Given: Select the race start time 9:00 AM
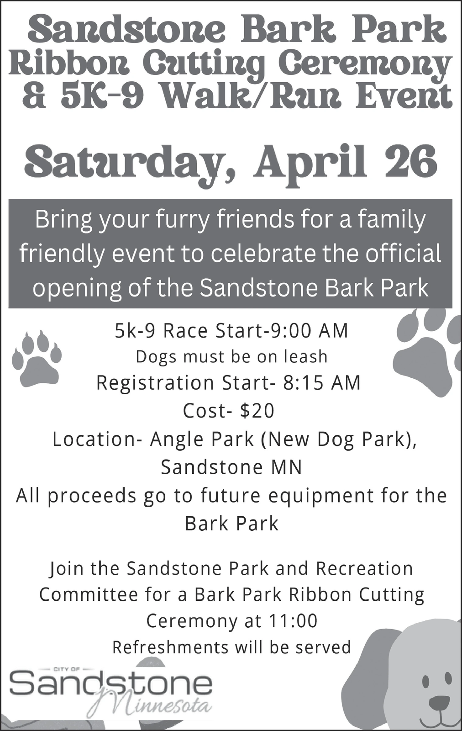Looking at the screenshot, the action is [x=308, y=331].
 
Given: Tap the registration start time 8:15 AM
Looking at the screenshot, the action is [x=321, y=382].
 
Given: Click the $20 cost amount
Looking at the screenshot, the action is [x=257, y=411].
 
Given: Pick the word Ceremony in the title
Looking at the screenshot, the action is [x=365, y=65].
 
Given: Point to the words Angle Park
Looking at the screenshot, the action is [x=201, y=440].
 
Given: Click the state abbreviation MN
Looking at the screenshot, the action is [x=286, y=467].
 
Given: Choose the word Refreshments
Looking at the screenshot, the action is [x=170, y=647].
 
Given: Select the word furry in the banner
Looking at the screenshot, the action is [x=182, y=220].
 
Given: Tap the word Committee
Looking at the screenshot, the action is [x=89, y=594].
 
